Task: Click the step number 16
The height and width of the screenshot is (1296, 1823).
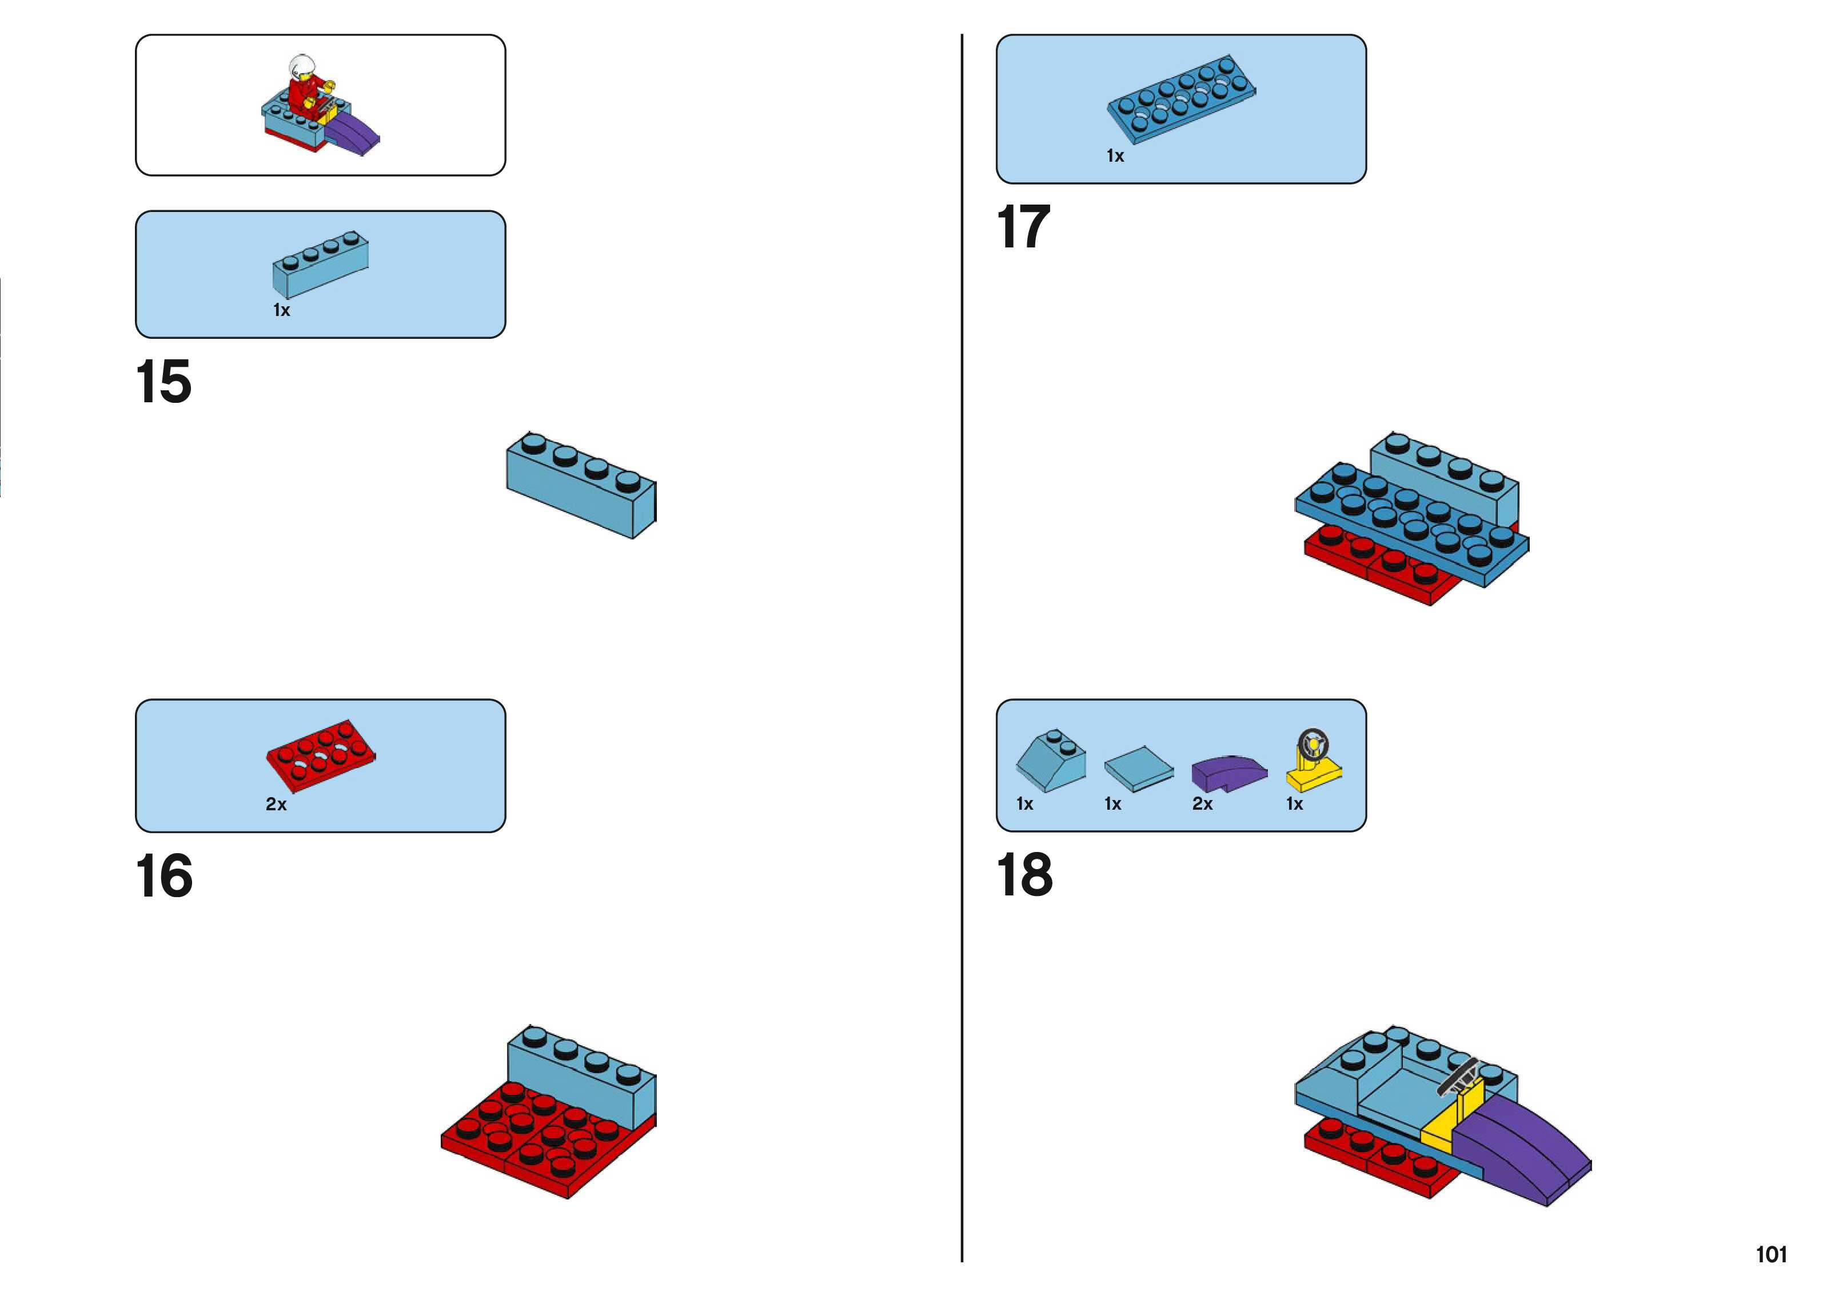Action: (163, 875)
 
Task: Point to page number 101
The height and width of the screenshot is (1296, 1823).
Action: (1770, 1254)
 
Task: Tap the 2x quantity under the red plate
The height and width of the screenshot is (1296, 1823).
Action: (276, 805)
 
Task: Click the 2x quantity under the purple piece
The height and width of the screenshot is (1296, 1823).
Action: (1202, 805)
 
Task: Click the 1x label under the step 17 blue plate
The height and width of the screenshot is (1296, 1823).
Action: (1115, 157)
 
